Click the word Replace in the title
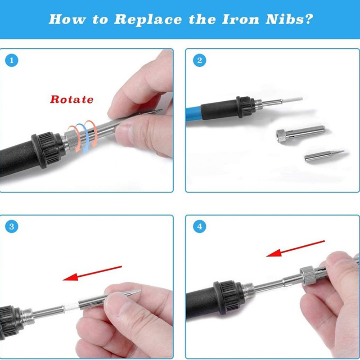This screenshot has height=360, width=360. pos(148,19)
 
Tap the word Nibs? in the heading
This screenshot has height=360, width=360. pos(289,19)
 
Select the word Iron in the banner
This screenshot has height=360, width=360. pos(240,19)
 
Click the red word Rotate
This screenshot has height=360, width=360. pos(72,99)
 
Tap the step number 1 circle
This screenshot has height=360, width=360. pos(12,60)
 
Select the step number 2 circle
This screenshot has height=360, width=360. pos(199,60)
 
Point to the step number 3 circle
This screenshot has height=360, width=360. pos(12,226)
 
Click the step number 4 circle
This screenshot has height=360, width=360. pos(199,226)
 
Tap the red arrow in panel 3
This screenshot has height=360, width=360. pos(92,273)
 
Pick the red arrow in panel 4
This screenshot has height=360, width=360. pos(295,248)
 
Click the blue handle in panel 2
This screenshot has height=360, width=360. pos(193,113)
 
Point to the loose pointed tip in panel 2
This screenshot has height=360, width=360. pos(324,155)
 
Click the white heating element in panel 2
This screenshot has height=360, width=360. pos(292,99)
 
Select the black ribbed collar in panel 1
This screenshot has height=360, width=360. pos(49,149)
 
